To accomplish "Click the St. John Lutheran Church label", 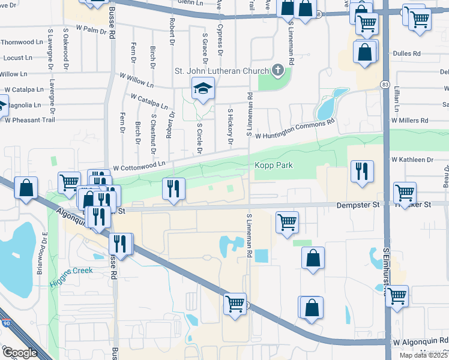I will click(221, 70).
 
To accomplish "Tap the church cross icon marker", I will click(277, 70).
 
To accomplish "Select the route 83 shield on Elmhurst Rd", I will click(384, 85).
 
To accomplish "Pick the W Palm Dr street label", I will click(95, 29).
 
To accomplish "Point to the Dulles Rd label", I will click(406, 53).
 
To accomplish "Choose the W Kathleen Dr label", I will click(412, 160).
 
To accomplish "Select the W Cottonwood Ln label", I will click(139, 164).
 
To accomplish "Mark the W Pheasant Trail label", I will click(29, 120).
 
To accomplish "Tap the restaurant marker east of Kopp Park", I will click(362, 170).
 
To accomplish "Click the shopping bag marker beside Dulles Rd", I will click(365, 52).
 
